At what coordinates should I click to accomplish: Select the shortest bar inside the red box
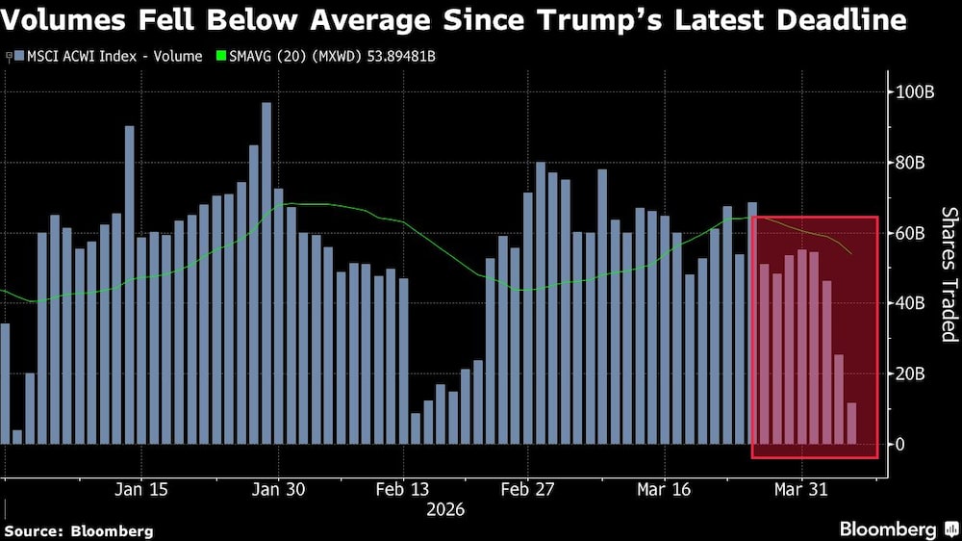[851, 424]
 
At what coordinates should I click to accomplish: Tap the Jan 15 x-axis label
[142, 489]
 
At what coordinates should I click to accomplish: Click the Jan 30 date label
[279, 489]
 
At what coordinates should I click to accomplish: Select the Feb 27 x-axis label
[528, 489]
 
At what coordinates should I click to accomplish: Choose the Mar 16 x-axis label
[664, 489]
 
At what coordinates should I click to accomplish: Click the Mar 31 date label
[801, 489]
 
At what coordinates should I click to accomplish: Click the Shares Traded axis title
[949, 274]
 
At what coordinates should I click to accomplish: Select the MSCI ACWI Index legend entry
[106, 56]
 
